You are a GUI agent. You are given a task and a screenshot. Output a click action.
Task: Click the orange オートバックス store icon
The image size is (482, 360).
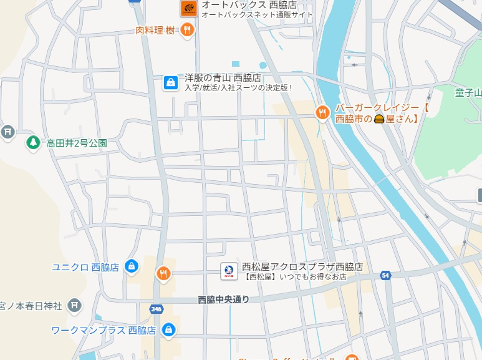[189, 8]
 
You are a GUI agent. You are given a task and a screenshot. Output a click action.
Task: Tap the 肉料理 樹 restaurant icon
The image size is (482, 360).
[187, 29]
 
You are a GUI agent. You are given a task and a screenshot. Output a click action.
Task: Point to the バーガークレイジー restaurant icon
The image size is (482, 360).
[322, 113]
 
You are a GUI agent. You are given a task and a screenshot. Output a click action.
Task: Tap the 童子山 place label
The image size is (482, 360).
[468, 94]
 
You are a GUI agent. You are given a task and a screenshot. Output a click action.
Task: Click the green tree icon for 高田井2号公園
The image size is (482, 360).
[33, 143]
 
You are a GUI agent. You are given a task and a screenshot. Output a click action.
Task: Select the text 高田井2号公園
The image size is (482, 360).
[76, 144]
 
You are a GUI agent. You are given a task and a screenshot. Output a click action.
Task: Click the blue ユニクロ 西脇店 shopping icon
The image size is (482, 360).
[131, 266]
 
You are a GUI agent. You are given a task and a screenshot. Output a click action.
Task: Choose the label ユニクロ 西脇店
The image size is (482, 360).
[85, 267]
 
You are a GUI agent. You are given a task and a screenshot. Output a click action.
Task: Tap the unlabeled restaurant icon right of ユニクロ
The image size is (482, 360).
[163, 273]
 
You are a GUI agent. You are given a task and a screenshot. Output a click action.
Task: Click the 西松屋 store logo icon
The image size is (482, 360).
[228, 271]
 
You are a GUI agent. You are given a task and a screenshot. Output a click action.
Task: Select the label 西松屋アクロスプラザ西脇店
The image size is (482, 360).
[302, 266]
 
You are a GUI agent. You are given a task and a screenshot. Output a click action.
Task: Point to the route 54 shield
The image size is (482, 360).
[386, 275]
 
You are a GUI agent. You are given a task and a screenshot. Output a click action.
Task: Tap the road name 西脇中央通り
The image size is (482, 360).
[223, 300]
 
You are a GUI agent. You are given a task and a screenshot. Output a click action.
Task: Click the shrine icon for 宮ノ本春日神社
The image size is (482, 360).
[75, 305]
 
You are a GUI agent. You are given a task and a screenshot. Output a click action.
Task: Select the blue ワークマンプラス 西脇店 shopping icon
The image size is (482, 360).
[168, 330]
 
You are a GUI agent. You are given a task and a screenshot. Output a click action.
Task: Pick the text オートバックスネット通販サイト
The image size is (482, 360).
[258, 15]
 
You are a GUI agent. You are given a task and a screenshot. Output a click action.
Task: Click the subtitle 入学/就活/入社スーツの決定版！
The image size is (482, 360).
[238, 88]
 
